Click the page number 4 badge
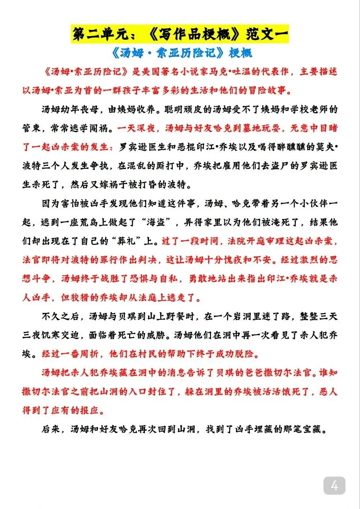334,486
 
